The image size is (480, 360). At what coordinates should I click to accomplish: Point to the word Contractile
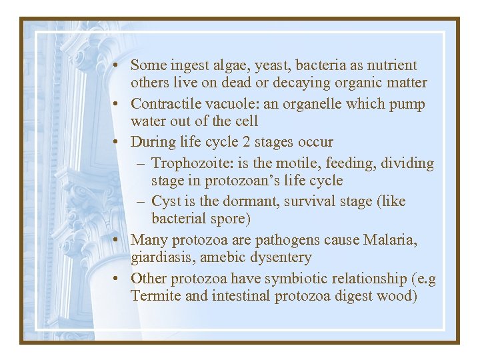(167, 105)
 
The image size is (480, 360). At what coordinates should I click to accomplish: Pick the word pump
(409, 105)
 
